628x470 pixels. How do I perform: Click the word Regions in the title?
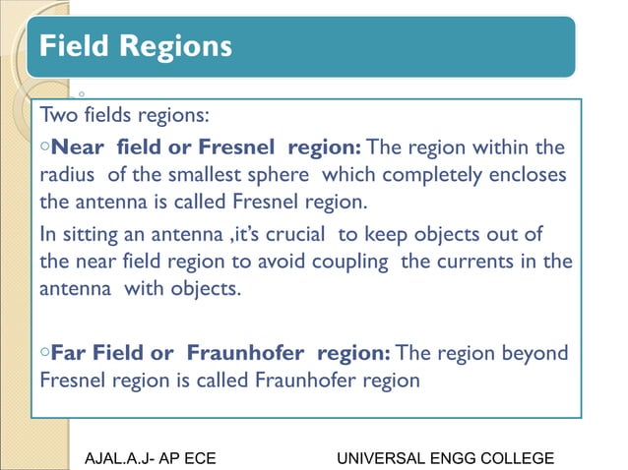[177, 46]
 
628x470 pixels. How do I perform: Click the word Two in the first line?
[57, 116]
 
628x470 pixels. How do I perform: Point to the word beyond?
[536, 352]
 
